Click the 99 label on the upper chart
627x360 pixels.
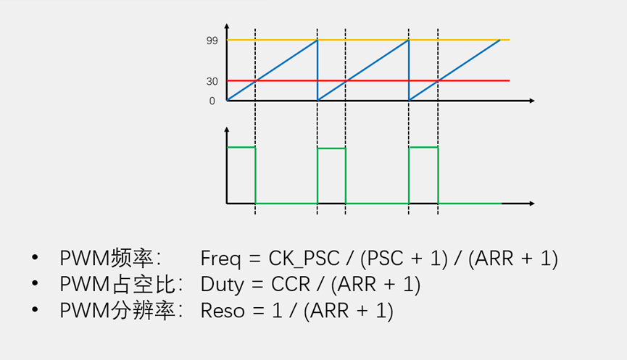[x=212, y=41]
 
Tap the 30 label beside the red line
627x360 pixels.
[x=212, y=82]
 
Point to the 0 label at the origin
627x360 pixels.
[x=212, y=101]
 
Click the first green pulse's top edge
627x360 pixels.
[x=241, y=147]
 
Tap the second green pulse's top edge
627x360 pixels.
[x=331, y=148]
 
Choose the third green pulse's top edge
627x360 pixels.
[x=423, y=147]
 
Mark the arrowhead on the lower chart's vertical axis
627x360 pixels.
[x=227, y=130]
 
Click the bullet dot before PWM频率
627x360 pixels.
[x=35, y=259]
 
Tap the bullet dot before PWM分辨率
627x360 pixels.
[x=35, y=311]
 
